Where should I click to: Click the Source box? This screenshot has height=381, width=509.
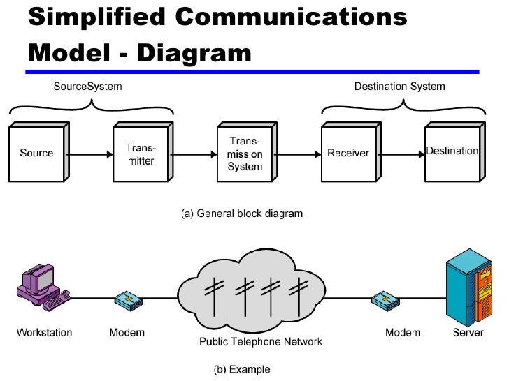[39, 152]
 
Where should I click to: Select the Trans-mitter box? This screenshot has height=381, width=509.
[143, 152]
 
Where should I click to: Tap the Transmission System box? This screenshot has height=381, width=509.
[247, 152]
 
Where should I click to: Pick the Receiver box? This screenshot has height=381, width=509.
[351, 152]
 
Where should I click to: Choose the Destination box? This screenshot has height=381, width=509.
[454, 152]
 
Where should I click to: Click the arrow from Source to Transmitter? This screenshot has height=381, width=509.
[90, 154]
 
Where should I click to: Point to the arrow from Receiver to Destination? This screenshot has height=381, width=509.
[402, 154]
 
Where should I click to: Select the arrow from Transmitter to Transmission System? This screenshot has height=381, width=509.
[194, 154]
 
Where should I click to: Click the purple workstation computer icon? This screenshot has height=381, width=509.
[43, 287]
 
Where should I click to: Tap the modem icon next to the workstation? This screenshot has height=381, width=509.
[129, 301]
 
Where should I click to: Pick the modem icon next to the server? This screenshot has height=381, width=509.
[386, 301]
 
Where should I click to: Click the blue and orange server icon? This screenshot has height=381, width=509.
[469, 287]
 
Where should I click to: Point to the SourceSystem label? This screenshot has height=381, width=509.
[87, 87]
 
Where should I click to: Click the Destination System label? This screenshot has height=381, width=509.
[400, 87]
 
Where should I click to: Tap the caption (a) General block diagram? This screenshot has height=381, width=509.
[242, 214]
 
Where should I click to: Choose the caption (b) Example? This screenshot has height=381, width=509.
[242, 369]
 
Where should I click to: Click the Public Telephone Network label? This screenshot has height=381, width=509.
[261, 341]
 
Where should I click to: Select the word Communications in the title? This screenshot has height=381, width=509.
[291, 16]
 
